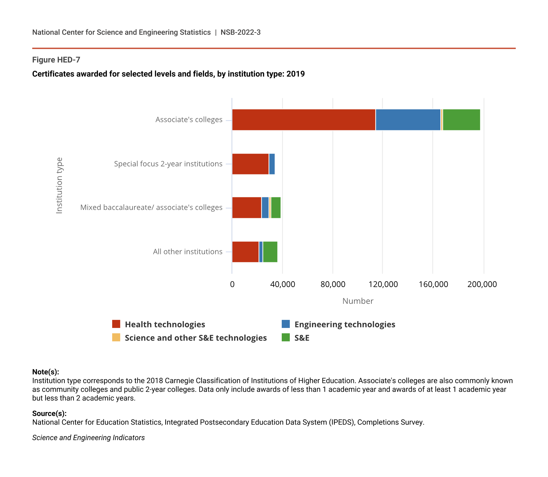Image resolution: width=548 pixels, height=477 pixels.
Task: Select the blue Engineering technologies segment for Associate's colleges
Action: (408, 120)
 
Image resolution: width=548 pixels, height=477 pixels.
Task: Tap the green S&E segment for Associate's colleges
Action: (461, 120)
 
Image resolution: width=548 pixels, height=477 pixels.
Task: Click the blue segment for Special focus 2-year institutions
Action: (272, 164)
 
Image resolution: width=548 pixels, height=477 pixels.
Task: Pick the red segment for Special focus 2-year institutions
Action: (250, 164)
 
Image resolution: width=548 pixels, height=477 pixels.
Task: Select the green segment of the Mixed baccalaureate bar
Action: (276, 208)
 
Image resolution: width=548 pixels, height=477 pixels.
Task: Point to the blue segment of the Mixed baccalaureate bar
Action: (265, 208)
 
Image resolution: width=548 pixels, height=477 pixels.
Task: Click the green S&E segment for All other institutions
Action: (270, 252)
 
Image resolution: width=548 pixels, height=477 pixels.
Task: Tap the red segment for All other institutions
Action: (245, 252)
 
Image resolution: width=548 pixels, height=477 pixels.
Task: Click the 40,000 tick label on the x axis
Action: (283, 285)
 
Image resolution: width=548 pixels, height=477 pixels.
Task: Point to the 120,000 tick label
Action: (383, 285)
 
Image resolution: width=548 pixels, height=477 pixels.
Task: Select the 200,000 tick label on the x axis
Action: (482, 285)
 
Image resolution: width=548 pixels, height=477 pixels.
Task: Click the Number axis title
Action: (358, 301)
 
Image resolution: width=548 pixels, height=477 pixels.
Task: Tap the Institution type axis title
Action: (59, 185)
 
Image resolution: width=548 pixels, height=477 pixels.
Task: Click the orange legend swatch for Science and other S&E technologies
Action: (116, 337)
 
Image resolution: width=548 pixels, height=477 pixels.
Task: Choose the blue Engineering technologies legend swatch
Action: (286, 324)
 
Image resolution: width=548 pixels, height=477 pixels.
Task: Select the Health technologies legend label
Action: (165, 324)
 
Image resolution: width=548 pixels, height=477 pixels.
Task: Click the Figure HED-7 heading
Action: (56, 60)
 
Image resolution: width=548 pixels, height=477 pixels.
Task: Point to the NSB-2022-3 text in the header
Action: (240, 32)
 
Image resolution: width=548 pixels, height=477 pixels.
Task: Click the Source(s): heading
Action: (49, 413)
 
